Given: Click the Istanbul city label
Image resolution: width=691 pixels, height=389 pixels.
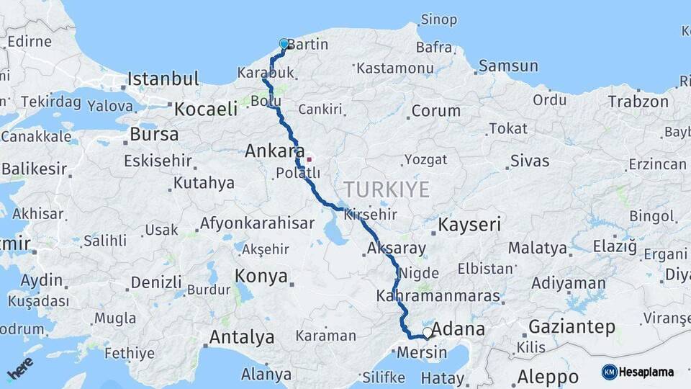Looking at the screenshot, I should (163, 79).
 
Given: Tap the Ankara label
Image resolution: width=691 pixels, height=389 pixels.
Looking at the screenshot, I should (274, 151).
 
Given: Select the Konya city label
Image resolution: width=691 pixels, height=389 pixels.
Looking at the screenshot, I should (261, 276).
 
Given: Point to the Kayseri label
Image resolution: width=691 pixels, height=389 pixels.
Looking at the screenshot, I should (469, 224).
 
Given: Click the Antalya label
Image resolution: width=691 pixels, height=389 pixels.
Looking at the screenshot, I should (241, 336).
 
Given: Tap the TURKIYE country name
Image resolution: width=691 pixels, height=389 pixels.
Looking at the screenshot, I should (386, 189).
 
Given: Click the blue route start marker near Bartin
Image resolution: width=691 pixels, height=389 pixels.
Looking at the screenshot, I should (284, 44).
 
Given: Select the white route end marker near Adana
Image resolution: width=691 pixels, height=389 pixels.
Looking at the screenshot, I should (428, 333).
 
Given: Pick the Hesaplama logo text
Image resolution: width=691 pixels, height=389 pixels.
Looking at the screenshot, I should (646, 372).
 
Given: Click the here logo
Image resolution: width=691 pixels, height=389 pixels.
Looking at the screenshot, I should (20, 367).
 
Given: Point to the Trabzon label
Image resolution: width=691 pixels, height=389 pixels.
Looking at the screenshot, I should (638, 102).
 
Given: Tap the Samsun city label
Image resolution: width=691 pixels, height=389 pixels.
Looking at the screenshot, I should (508, 66).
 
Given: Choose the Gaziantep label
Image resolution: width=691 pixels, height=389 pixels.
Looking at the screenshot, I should (572, 327).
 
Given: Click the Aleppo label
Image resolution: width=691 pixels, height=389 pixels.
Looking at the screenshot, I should (547, 377).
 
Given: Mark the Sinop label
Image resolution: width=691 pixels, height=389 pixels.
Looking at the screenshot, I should (438, 19).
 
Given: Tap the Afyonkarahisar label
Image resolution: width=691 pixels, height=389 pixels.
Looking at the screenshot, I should (257, 223).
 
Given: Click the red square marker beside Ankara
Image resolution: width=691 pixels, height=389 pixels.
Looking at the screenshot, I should (310, 159).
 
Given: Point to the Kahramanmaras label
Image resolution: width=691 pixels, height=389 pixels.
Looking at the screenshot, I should (438, 296).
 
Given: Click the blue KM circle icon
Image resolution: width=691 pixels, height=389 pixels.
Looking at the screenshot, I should (609, 372).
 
